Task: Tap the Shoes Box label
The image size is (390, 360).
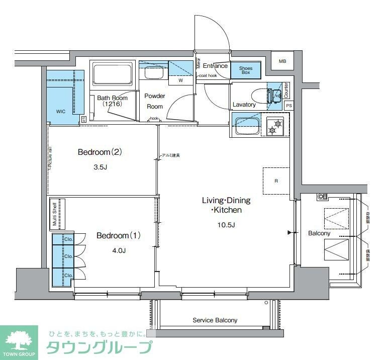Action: [246, 70]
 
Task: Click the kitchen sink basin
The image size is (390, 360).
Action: [246, 125]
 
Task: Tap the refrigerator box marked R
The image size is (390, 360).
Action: [276, 181]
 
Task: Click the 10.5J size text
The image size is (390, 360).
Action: [226, 224]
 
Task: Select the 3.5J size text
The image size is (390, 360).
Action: [100, 167]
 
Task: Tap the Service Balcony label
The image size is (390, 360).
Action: [215, 320]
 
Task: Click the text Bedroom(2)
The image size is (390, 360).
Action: [101, 152]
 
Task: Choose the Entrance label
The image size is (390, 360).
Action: [215, 66]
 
